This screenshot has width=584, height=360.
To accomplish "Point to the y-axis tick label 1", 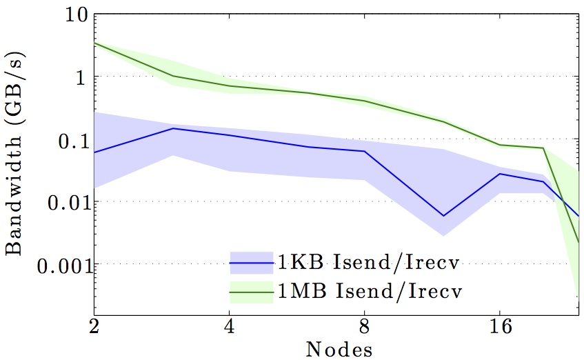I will tap(78, 77).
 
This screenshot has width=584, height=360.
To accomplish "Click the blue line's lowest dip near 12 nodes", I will tap(443, 216).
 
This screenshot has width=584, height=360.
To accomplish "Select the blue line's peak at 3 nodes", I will tap(173, 128).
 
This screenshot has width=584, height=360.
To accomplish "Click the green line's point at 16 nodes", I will tap(500, 145).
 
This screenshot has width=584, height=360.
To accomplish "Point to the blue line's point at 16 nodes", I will tap(500, 174).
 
